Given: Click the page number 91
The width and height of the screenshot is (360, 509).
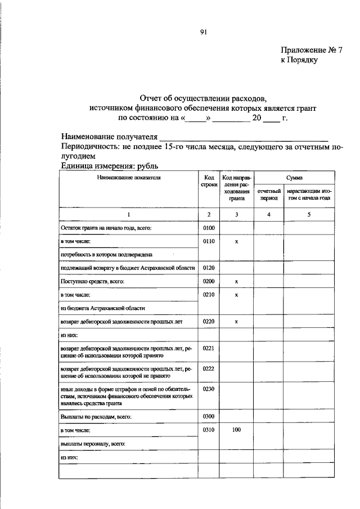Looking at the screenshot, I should coord(204,32).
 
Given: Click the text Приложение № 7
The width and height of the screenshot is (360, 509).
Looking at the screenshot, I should coord(312,50).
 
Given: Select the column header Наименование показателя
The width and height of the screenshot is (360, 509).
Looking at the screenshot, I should coord(128,177).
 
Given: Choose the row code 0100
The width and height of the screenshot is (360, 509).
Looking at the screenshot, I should coord(209,228).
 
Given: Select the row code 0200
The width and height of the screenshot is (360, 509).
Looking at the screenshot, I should coord(209,281).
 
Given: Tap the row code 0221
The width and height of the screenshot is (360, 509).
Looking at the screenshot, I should coord(209,349).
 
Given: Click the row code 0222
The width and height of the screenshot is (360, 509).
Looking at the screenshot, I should coord(209,370).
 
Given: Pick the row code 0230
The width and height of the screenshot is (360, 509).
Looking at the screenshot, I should coord(209,390).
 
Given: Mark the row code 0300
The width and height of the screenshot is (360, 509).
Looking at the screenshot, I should coord(209,417).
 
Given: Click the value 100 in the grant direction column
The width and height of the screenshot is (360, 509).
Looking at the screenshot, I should coord(237,430).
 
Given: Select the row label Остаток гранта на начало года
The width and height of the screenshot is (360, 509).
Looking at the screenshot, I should coord(106,228).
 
